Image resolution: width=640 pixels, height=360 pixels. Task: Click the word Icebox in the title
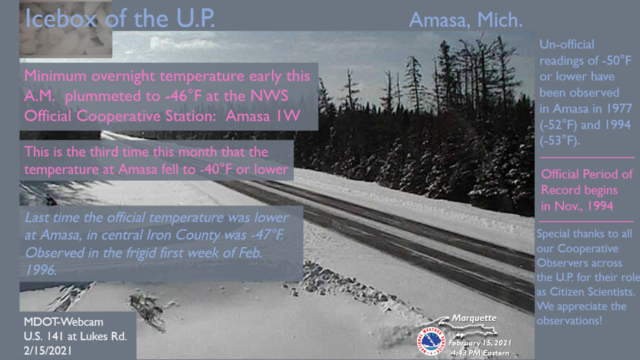point(61,18)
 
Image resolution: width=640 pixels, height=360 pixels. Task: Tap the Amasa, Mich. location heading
point(465,20)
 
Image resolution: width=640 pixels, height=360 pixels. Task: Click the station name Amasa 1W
point(263,115)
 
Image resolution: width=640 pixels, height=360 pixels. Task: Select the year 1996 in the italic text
point(41,269)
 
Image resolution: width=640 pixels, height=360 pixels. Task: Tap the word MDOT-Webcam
point(63,322)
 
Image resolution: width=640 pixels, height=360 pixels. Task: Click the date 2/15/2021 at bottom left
point(47,351)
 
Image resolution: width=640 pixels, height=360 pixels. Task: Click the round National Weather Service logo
point(431,341)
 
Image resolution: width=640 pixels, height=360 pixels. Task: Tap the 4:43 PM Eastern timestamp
point(480,353)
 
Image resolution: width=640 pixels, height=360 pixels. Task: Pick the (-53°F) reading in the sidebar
point(559,141)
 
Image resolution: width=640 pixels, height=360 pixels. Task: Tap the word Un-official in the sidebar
point(567,44)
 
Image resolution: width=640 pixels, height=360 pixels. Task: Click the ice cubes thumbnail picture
point(65,28)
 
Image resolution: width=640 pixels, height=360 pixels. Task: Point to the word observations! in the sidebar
point(569,321)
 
